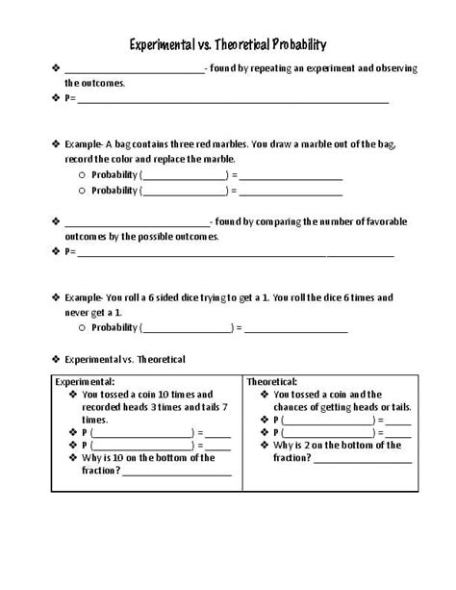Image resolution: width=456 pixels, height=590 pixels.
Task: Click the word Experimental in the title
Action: pos(167,43)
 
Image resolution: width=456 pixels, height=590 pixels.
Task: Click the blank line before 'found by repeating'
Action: pos(134,69)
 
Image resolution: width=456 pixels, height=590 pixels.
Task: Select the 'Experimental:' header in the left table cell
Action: pos(84,382)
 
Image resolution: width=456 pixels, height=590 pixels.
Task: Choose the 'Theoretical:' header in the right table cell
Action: pos(272,382)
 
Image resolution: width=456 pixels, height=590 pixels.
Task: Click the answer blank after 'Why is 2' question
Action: pos(349,458)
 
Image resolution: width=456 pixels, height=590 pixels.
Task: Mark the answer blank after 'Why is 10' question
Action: pos(177,472)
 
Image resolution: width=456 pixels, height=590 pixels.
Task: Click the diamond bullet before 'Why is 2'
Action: pos(265,446)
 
